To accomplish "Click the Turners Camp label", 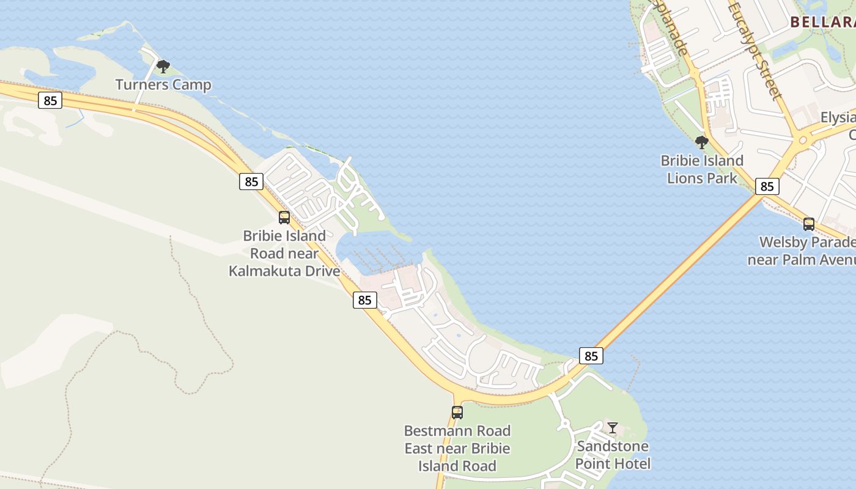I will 163,85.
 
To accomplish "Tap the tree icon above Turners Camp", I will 163,66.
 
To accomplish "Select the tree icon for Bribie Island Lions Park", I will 702,142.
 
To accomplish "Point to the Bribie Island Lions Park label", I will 702,169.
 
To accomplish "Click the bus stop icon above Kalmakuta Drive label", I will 284,217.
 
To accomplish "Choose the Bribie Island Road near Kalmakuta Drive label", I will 284,253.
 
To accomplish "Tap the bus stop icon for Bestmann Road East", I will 457,412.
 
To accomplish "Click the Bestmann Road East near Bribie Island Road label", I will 457,448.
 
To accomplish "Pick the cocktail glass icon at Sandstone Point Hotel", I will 613,427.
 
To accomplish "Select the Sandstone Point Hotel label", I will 613,455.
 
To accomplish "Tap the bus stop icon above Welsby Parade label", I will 809,224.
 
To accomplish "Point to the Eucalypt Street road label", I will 755,50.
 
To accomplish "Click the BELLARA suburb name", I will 823,22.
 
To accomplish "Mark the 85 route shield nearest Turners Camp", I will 50,100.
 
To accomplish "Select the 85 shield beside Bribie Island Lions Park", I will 767,186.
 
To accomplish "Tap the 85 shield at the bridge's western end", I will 591,356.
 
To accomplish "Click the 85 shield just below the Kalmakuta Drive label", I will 365,300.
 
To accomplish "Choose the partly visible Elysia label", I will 838,117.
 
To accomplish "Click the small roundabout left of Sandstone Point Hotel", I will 564,424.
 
